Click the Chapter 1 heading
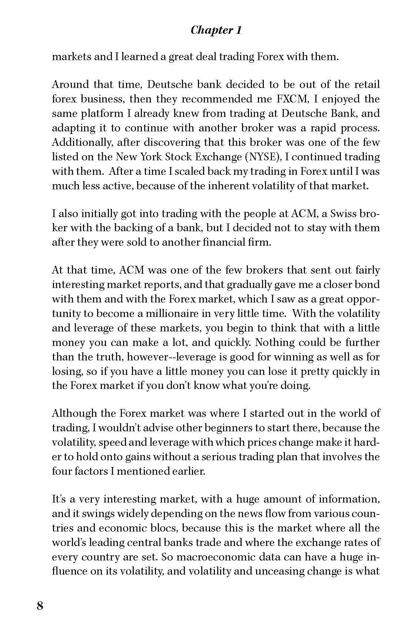216,30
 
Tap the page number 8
40,606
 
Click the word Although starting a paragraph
75,413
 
